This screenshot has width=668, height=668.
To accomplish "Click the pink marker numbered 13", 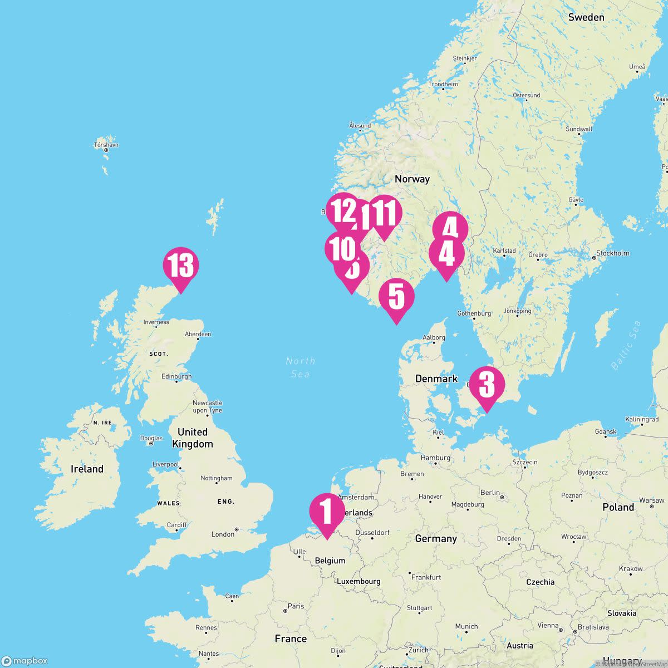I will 181,266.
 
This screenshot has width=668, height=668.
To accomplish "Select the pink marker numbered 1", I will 327,512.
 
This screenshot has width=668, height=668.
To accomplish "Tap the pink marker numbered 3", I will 487,384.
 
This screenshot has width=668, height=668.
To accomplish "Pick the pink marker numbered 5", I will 396,297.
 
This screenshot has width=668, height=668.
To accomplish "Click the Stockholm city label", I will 612,253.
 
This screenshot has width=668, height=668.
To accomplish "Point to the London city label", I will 223,534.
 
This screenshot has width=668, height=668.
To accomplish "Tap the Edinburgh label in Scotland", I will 176,377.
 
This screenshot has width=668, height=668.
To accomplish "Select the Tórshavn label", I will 106,145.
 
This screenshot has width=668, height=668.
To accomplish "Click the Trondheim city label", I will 443,85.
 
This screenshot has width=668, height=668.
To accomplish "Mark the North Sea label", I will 301,367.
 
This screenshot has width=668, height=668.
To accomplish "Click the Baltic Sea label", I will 626,345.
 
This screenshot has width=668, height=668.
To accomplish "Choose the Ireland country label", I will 87,469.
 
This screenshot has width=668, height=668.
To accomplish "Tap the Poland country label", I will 618,507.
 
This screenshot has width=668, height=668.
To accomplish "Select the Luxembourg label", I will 358,581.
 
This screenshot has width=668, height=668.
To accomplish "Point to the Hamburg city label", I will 435,458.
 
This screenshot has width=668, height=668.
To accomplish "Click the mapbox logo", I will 24,661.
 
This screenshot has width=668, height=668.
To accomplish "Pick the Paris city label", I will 296,606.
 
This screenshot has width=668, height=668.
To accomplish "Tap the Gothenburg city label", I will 474,313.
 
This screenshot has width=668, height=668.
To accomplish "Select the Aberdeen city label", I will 198,334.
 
